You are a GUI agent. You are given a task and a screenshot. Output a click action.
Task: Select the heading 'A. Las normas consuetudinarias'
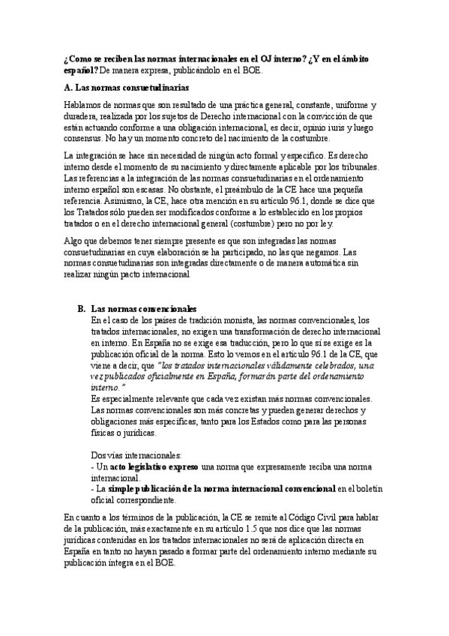[116, 87]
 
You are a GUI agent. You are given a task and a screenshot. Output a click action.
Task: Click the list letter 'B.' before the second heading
[82, 308]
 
